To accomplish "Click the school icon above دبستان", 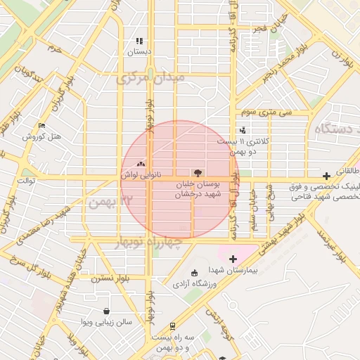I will pos(139,41).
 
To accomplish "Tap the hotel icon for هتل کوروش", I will pos(41,126).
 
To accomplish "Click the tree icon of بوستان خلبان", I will pos(197,172).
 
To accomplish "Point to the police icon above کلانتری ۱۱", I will pos(243,130).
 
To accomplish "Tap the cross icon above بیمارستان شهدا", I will pos(233,259).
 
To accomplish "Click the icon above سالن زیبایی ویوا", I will pos(106,311).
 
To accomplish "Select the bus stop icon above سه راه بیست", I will pos(172,326).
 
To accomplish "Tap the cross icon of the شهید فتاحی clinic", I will pos(326,176).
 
